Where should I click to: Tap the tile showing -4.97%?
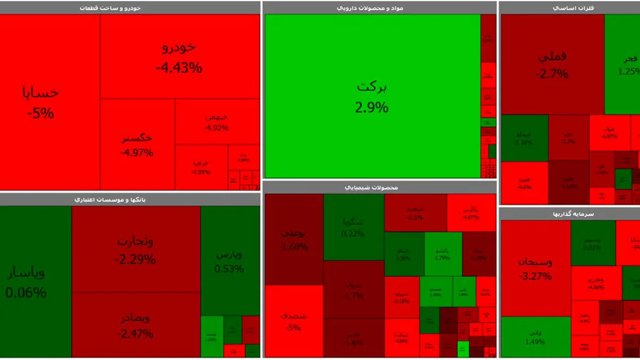137,145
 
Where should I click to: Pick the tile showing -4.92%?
217,122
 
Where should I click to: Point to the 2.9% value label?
372,107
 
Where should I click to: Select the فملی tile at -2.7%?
552,64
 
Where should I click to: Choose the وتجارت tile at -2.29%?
135,250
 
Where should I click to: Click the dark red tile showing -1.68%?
294,239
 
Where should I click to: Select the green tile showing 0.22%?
354,227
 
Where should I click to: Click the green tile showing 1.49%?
535,337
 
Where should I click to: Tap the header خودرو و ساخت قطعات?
130,7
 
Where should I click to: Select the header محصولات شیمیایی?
380,187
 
